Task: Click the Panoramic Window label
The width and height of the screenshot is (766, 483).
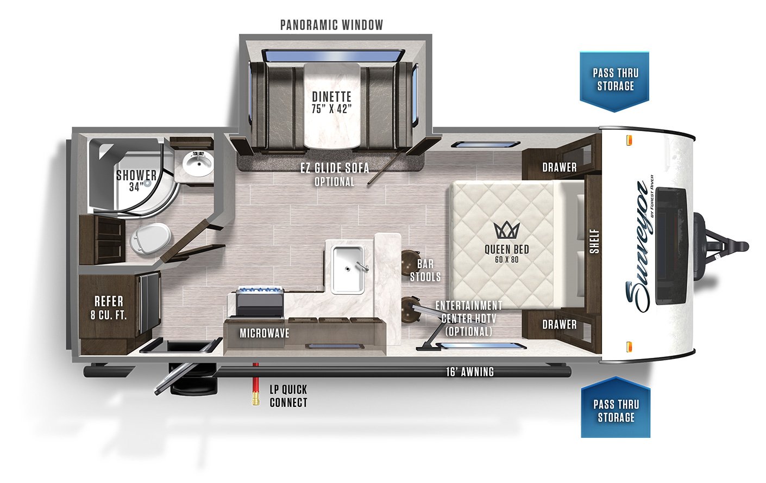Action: click(331, 25)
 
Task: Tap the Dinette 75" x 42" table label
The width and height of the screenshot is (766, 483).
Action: click(331, 103)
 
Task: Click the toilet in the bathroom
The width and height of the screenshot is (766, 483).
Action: click(150, 238)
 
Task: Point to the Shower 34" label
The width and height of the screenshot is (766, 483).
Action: click(136, 181)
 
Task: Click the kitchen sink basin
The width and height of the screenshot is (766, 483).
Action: click(348, 269)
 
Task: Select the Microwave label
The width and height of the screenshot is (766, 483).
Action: click(265, 333)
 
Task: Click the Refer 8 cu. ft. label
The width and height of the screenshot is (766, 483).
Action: click(109, 308)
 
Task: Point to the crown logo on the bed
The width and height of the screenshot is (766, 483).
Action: click(507, 230)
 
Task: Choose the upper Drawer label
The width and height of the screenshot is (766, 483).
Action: click(559, 167)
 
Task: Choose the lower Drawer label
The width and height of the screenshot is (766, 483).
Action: click(559, 324)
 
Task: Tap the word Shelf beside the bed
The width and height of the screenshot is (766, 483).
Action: click(595, 242)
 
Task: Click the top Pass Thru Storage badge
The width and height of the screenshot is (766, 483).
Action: click(614, 82)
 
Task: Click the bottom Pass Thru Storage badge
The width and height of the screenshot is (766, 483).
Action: click(616, 407)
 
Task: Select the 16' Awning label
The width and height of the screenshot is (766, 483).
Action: click(470, 371)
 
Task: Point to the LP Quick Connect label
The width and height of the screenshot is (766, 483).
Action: click(288, 396)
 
